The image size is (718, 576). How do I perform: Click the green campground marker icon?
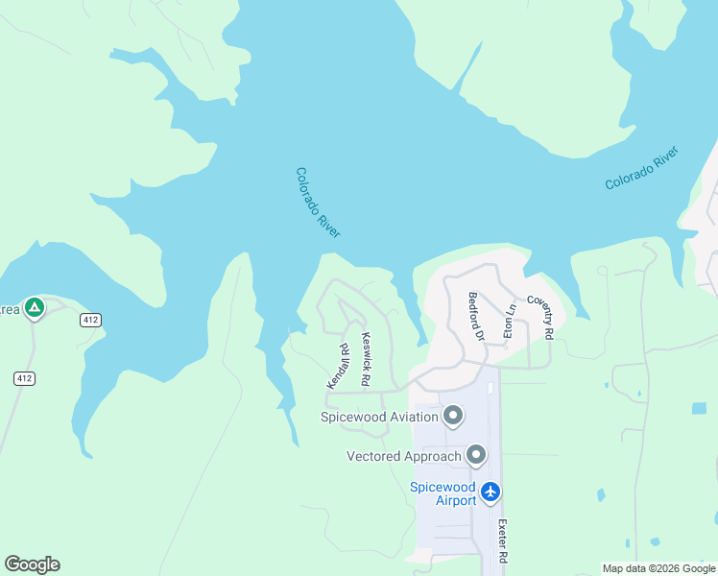(x=34, y=307)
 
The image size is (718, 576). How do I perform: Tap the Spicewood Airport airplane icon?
(x=491, y=492)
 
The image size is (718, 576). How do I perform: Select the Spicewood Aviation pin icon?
(x=453, y=417)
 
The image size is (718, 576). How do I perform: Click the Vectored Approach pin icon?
(x=475, y=455)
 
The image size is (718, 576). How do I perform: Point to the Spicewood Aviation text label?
(x=379, y=417)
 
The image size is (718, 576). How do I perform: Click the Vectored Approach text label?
(x=404, y=456)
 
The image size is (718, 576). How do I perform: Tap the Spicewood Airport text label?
(x=443, y=493)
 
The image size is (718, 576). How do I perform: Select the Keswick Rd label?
(x=366, y=359)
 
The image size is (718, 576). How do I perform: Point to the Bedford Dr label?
(x=474, y=316)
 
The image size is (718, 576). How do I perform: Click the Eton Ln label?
(x=511, y=321)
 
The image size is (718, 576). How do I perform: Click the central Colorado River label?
(x=318, y=203)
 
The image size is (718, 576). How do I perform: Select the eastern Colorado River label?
(x=642, y=168)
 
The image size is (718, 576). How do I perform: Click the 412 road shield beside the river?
(x=91, y=320)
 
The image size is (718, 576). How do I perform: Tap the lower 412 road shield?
(x=25, y=378)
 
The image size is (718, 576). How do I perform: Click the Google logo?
(x=32, y=564)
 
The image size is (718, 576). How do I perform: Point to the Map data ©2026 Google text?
(x=658, y=568)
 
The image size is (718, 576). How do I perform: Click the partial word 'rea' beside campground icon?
(x=9, y=308)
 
